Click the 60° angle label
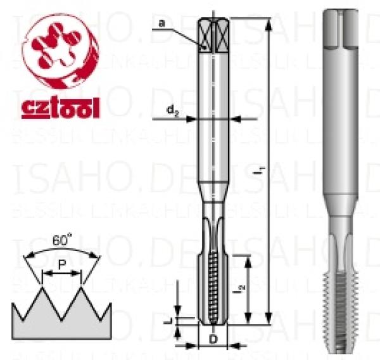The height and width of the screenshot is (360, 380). tap(61, 241)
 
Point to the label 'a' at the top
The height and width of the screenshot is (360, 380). tap(162, 23)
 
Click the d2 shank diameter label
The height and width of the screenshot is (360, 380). tap(172, 110)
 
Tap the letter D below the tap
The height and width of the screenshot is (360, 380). tap(213, 340)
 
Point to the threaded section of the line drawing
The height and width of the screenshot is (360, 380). tap(214, 288)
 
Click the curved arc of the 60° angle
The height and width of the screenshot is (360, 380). tap(61, 250)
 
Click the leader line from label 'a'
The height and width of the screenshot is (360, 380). tap(187, 35)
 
